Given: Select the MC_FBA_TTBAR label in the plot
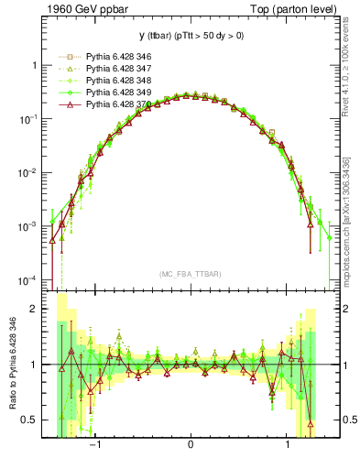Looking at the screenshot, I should [x=190, y=274].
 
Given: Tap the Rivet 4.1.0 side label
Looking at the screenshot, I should [x=346, y=82].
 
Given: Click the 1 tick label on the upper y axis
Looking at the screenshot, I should [x=34, y=66].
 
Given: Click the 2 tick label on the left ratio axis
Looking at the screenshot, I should [x=34, y=310].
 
